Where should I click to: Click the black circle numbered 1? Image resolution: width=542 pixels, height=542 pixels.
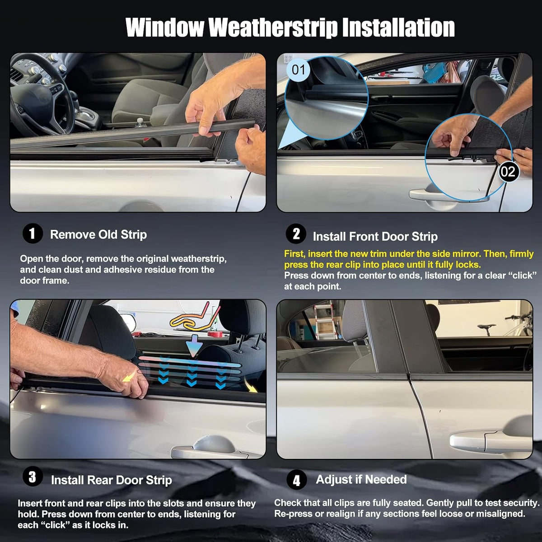click(33, 233)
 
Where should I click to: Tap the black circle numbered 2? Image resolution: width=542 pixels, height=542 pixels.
click(296, 234)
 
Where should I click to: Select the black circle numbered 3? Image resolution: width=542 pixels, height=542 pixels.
click(33, 477)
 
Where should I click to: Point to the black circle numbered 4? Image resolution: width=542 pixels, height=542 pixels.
click(296, 480)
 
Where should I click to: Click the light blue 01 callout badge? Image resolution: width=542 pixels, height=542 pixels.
click(298, 70)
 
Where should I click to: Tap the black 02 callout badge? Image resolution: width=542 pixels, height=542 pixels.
click(508, 172)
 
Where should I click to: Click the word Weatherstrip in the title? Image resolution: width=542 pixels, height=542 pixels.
click(273, 28)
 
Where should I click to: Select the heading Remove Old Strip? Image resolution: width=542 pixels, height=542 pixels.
click(98, 234)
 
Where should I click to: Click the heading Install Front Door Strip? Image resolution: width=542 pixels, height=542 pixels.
click(375, 237)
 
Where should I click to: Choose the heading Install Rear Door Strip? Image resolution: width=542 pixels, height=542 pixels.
click(112, 480)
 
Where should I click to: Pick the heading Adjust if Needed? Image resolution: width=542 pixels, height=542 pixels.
click(361, 479)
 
